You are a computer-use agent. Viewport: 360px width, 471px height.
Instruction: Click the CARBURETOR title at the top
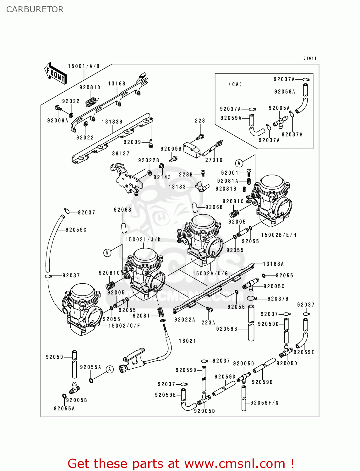(x=35, y=9)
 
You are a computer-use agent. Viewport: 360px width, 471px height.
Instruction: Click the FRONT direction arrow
(x=56, y=73)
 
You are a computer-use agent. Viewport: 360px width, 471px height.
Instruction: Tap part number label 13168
(x=117, y=84)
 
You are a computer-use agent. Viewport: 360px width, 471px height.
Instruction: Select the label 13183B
(x=112, y=122)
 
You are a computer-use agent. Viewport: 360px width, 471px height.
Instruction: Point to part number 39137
(x=121, y=154)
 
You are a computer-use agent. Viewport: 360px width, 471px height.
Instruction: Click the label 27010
(x=214, y=160)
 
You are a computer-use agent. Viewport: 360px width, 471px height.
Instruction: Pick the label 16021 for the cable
(x=188, y=341)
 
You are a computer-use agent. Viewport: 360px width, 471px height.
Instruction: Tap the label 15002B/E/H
(x=279, y=235)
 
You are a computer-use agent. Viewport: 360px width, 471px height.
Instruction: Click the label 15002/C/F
(x=124, y=326)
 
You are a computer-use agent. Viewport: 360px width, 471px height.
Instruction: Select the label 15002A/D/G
(x=210, y=273)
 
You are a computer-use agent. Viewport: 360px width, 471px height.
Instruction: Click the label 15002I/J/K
(x=143, y=240)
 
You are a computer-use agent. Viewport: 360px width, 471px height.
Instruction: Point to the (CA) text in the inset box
(x=235, y=84)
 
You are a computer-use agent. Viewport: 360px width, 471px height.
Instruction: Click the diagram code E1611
(x=310, y=58)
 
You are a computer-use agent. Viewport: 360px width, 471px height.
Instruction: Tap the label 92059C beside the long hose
(x=76, y=230)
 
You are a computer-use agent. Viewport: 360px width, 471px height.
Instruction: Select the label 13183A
(x=273, y=264)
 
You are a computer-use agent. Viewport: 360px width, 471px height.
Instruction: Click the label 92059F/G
(x=265, y=403)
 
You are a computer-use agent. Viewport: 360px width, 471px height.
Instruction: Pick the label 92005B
(x=77, y=400)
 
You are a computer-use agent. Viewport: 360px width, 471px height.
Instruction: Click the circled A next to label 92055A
(x=109, y=369)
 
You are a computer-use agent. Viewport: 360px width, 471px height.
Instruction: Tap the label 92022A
(x=185, y=320)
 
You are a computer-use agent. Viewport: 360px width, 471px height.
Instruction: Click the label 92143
(x=162, y=177)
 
